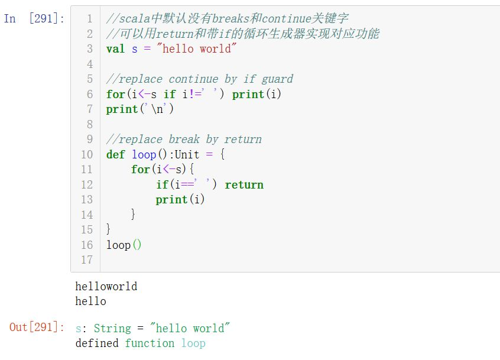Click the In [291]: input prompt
click(x=34, y=18)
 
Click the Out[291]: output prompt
click(x=37, y=327)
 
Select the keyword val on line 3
click(x=115, y=49)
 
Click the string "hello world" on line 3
click(x=196, y=48)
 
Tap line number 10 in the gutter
click(x=87, y=155)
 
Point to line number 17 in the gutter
click(x=87, y=260)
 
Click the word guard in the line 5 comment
click(x=277, y=79)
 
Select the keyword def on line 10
click(x=115, y=155)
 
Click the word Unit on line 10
click(x=187, y=155)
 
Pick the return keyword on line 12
click(x=244, y=184)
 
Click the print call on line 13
click(x=180, y=200)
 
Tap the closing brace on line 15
click(x=108, y=229)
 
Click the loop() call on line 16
click(x=124, y=245)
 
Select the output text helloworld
click(x=106, y=286)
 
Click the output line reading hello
click(x=90, y=301)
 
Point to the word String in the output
click(x=112, y=328)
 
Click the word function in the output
click(x=150, y=343)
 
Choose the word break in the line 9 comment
click(x=184, y=140)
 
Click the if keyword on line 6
click(x=170, y=94)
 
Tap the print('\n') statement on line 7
click(x=139, y=109)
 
